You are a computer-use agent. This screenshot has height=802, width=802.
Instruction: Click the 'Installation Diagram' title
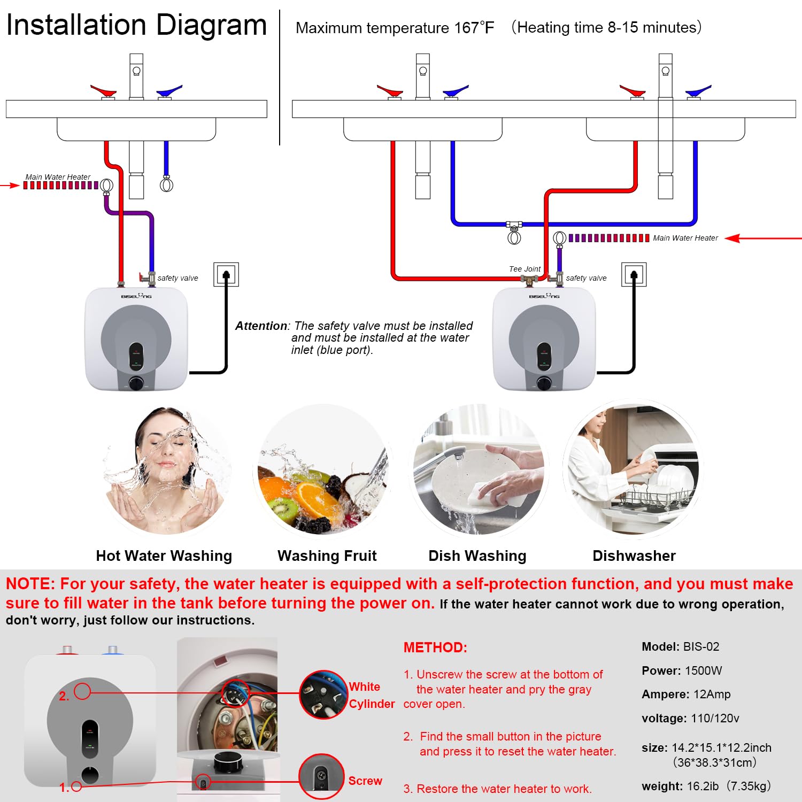[136, 25]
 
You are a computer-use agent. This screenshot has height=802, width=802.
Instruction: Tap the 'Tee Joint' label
[524, 269]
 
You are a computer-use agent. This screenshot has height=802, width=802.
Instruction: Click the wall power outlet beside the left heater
[226, 275]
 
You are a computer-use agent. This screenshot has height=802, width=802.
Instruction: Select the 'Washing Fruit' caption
[327, 556]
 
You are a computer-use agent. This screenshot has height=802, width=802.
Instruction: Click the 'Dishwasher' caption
[634, 556]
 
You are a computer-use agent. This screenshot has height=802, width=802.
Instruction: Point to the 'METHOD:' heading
[435, 647]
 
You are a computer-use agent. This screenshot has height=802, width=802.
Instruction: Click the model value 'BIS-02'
[701, 647]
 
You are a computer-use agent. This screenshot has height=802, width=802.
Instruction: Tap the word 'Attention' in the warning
[261, 326]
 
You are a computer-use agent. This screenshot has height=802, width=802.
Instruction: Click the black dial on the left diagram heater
[136, 383]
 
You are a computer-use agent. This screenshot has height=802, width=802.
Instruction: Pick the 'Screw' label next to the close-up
[365, 781]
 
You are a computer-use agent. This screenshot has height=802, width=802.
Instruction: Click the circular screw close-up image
[321, 776]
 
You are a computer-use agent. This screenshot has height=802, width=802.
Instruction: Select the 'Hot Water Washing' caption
[164, 556]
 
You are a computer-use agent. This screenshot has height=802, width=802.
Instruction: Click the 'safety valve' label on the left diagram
[178, 278]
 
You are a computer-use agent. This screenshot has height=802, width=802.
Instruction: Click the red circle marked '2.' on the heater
[82, 691]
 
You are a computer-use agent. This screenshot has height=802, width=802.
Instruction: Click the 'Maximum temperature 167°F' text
[395, 28]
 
